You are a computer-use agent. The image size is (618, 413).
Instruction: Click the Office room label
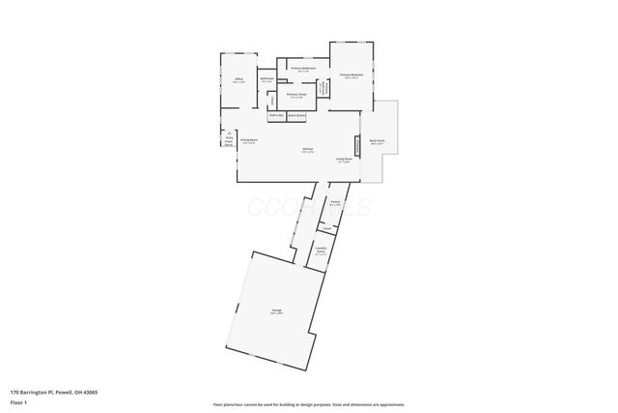tap(238, 80)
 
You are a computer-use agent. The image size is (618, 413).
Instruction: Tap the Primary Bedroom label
tap(351, 75)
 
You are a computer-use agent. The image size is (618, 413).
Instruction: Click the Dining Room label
tap(248, 142)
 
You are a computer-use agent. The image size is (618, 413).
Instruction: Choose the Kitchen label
tap(307, 150)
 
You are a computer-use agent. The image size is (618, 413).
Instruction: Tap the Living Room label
tap(344, 160)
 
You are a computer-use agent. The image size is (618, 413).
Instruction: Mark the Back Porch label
tap(377, 142)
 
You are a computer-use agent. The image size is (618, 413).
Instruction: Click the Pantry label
tap(334, 203)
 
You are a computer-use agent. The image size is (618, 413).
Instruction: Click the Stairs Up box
tap(276, 115)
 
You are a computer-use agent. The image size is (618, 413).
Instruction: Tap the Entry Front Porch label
tap(228, 140)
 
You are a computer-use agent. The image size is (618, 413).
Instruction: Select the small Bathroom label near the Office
tap(267, 80)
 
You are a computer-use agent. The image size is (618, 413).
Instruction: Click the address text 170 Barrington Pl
tap(53, 392)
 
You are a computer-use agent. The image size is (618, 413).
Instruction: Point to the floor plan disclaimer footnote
tap(309, 404)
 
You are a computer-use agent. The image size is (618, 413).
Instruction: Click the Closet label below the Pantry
tap(327, 228)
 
